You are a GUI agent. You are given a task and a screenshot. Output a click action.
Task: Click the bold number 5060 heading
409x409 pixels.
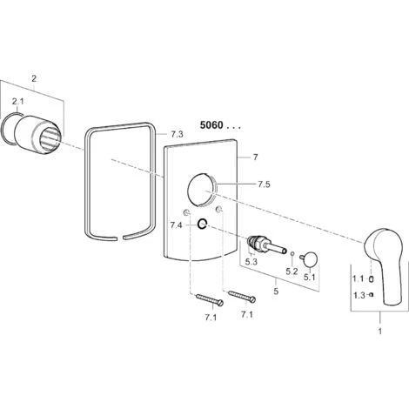click(x=211, y=125)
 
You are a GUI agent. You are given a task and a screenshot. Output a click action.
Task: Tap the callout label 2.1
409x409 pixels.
click(x=17, y=102)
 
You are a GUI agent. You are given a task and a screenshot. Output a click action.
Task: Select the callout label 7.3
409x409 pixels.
click(x=177, y=134)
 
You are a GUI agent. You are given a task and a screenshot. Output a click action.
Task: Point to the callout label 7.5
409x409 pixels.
click(x=264, y=184)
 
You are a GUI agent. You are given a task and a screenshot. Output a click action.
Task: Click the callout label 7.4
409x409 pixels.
click(x=177, y=225)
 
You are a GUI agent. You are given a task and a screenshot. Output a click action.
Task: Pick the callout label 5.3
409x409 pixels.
click(x=251, y=262)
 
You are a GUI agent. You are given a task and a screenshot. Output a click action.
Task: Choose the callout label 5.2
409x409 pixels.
click(x=292, y=272)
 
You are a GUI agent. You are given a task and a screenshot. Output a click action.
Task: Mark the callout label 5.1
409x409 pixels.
click(x=310, y=278)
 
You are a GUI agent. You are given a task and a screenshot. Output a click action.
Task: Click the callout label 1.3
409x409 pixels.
click(x=359, y=296)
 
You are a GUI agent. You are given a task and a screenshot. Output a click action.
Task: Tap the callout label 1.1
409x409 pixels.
click(x=359, y=279)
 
